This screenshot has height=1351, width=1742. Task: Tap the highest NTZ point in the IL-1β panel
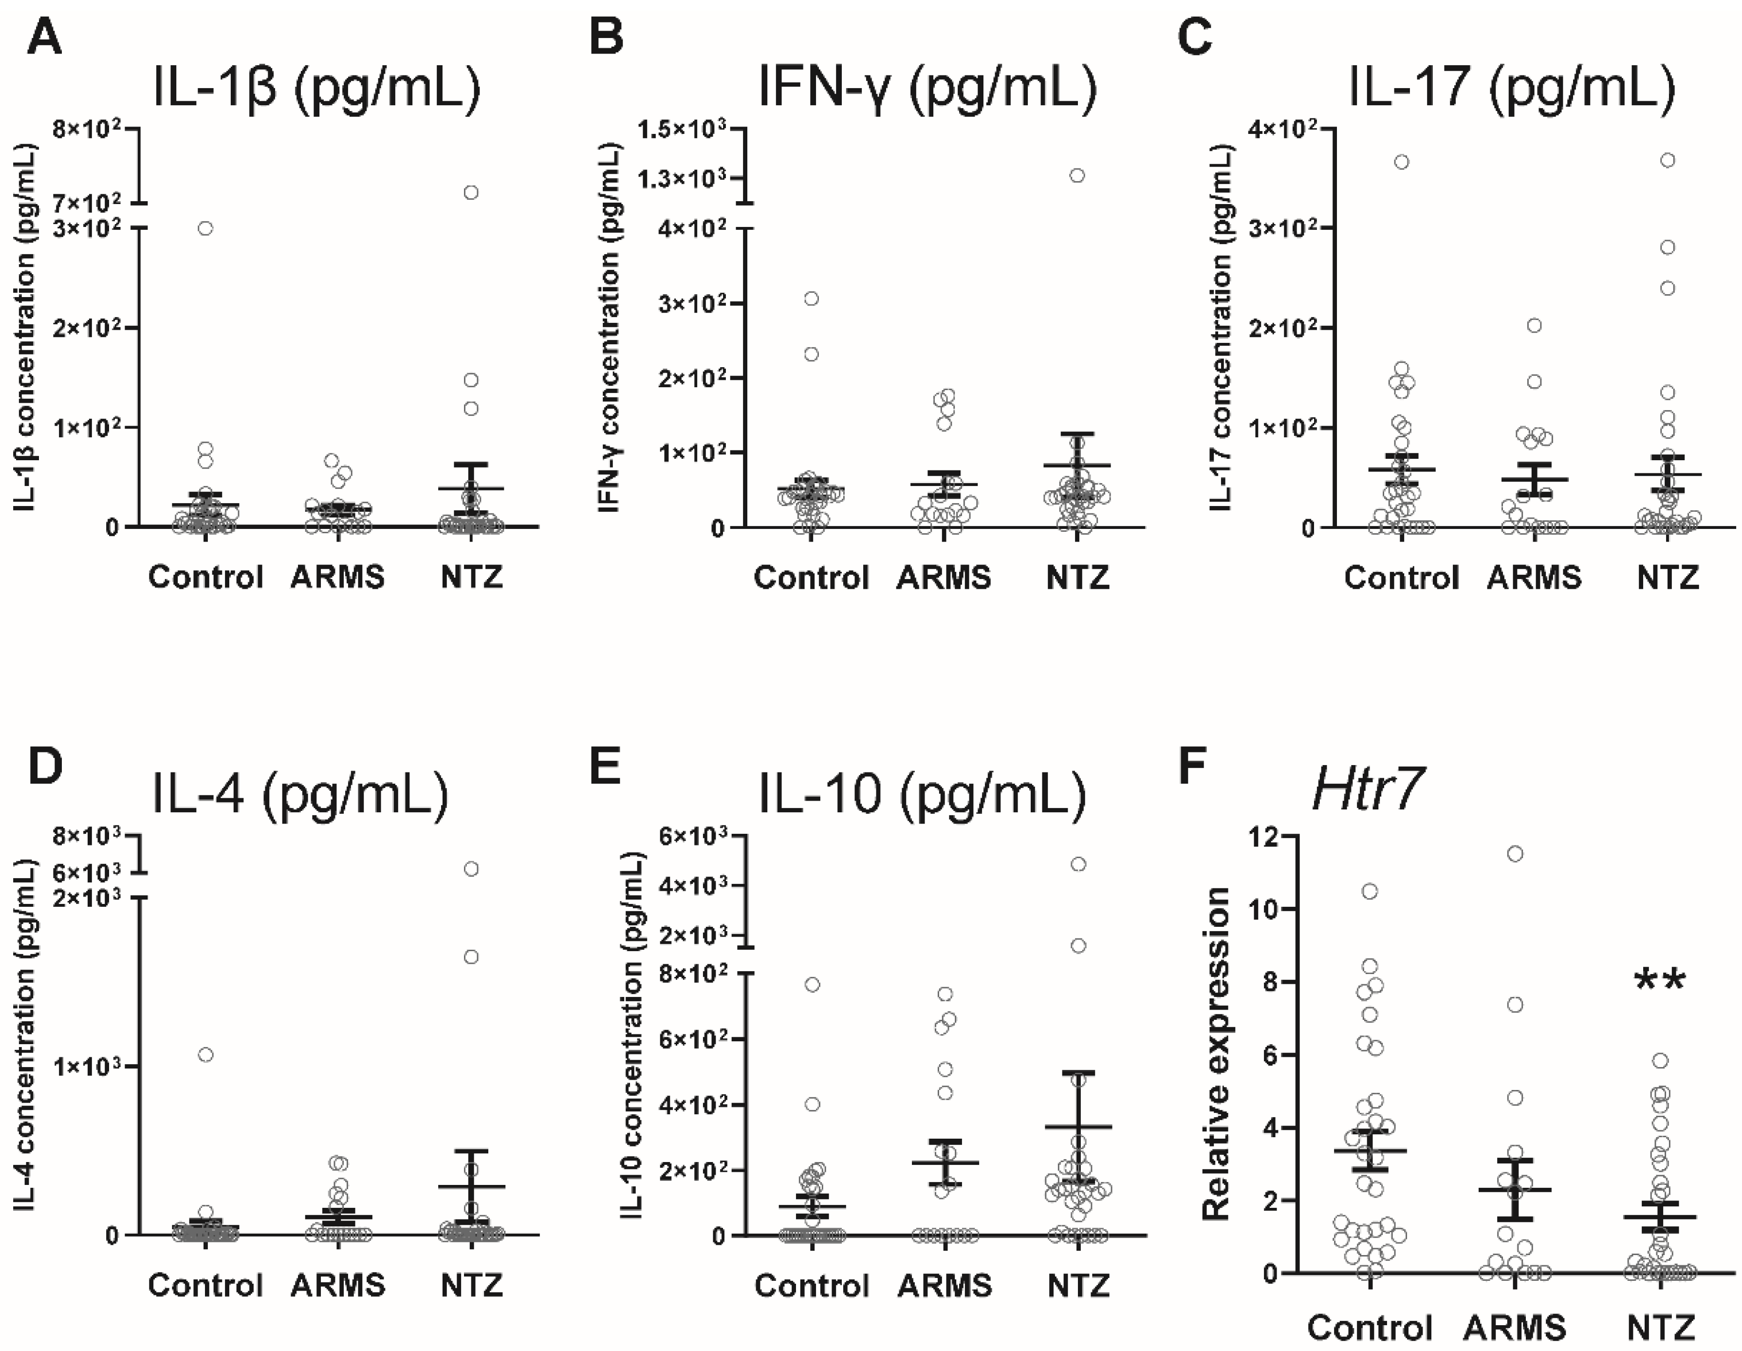[x=471, y=192]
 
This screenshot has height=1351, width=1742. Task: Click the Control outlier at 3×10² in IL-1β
[x=205, y=228]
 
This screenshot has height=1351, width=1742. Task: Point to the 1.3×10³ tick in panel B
[x=685, y=178]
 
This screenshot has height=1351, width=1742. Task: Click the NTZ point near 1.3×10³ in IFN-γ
[x=1077, y=175]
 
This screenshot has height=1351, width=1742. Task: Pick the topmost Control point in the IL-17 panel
[x=1401, y=162]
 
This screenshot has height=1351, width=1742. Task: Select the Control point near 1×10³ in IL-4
[x=205, y=1055]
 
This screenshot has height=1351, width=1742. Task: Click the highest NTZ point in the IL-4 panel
[x=471, y=869]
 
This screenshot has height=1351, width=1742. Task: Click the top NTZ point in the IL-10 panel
[x=1077, y=864]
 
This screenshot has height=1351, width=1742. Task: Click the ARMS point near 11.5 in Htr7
[x=1515, y=854]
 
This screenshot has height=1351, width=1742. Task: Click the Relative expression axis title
[x=1216, y=1054]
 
